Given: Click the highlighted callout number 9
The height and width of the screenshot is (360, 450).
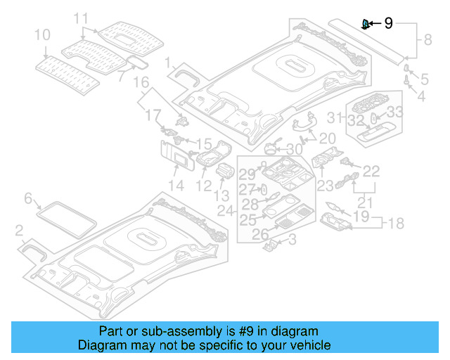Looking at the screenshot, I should [x=389, y=25].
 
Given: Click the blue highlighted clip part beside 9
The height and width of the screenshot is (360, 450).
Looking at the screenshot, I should [x=366, y=25].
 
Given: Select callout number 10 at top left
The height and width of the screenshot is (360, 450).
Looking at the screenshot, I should [x=41, y=34].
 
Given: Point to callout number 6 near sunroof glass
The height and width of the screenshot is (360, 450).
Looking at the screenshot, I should [x=28, y=199].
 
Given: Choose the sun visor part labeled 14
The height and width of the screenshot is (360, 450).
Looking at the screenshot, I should [x=179, y=156].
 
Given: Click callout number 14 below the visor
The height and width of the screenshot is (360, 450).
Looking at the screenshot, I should [x=176, y=186].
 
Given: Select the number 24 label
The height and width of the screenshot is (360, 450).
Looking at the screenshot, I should [x=226, y=211].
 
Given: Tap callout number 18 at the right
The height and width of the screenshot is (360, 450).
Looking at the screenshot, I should [x=397, y=224].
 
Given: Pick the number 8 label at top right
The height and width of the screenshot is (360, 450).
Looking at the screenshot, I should [x=427, y=42].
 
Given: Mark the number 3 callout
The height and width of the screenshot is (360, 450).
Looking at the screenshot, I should [x=292, y=240].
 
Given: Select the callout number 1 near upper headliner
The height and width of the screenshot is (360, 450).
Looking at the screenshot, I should [x=169, y=64].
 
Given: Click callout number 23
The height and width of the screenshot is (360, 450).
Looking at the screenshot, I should [x=325, y=186].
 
